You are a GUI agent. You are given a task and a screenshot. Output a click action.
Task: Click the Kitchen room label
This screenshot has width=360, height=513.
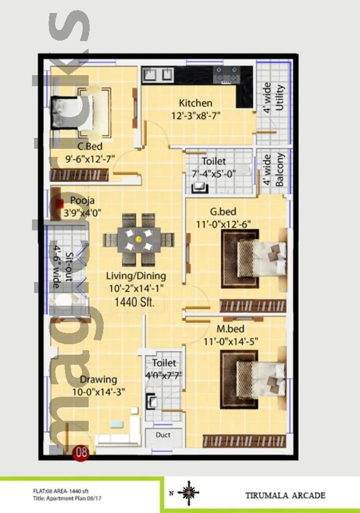tap(195, 103)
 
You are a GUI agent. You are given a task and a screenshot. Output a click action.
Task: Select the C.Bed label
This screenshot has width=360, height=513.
tap(90, 146)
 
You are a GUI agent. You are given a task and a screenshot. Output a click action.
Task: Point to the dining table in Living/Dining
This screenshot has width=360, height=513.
tap(139, 239)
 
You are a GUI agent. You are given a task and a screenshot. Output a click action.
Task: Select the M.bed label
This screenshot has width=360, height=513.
tap(230, 329)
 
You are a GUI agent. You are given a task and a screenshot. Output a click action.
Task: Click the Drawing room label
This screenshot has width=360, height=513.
tap(99, 379)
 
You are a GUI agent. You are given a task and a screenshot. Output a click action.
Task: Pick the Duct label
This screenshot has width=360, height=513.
tap(163, 435)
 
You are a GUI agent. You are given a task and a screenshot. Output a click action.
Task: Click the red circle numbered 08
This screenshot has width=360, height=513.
tap(81, 452)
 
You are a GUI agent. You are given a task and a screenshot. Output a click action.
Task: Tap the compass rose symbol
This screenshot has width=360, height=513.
tap(188, 493)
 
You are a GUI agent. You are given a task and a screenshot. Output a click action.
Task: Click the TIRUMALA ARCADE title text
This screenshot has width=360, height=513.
tap(285, 495)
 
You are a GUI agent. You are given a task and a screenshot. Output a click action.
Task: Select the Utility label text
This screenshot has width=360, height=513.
tap(280, 98)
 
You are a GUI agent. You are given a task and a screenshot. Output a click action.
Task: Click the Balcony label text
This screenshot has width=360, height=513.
tap(280, 170)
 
